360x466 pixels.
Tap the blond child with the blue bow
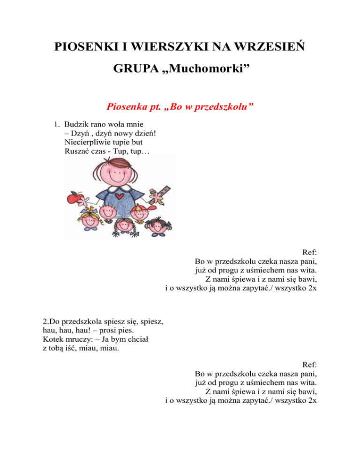(89, 220)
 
